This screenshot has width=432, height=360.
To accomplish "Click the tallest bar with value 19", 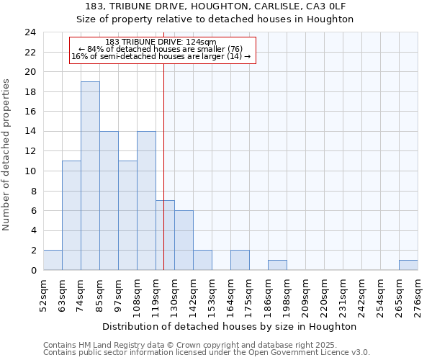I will point(90,176).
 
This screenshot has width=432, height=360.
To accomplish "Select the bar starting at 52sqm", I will point(53,260).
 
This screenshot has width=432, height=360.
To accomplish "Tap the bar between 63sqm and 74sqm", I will point(71,215).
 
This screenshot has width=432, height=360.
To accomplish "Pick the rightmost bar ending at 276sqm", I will point(408,265).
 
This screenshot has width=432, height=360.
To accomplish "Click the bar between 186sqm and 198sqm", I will point(277,265).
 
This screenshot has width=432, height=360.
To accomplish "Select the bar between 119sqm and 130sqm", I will point(165,235).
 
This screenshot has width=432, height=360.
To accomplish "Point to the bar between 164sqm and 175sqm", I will point(240,260).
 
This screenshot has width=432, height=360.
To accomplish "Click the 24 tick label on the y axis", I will point(30,32).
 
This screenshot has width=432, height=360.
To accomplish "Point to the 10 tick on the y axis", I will point(30,171).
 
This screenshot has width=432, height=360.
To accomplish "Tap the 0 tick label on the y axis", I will point(33,271).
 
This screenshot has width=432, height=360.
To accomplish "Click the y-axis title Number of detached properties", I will point(6,155).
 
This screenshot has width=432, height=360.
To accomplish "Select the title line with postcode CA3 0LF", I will point(215,6).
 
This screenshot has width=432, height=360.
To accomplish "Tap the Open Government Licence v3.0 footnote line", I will point(207,353).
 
